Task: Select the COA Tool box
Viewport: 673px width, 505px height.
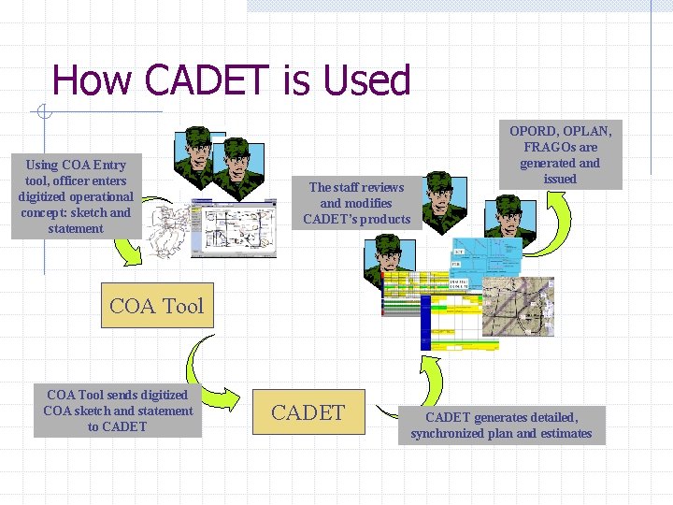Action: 156,306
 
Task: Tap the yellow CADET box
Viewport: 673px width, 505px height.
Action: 308,412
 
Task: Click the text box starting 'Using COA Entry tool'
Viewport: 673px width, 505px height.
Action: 76,196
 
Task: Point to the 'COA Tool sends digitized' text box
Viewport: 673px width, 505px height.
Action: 118,411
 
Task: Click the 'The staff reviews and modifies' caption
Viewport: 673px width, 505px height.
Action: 357,203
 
